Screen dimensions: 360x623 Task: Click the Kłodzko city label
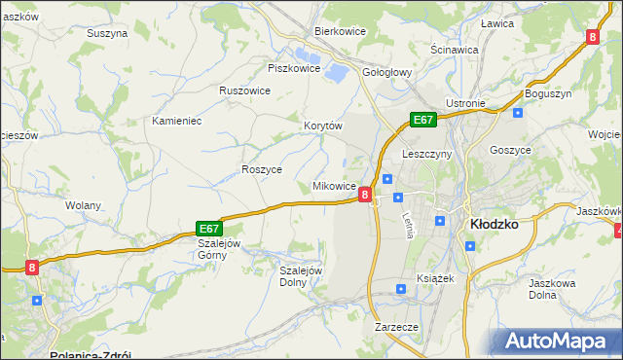(x=493, y=223)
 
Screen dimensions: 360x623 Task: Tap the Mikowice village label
(x=333, y=185)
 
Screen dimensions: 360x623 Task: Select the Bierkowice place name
(x=339, y=31)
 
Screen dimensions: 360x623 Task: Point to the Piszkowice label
(x=293, y=68)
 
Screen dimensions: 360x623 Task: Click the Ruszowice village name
(x=244, y=90)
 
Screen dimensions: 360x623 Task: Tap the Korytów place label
(x=324, y=126)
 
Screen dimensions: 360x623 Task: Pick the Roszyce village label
(x=261, y=168)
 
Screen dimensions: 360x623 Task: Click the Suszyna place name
(x=107, y=33)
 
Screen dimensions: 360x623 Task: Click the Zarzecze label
(x=396, y=327)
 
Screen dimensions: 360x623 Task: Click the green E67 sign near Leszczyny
(x=421, y=120)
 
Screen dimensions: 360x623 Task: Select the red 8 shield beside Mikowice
(x=365, y=195)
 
